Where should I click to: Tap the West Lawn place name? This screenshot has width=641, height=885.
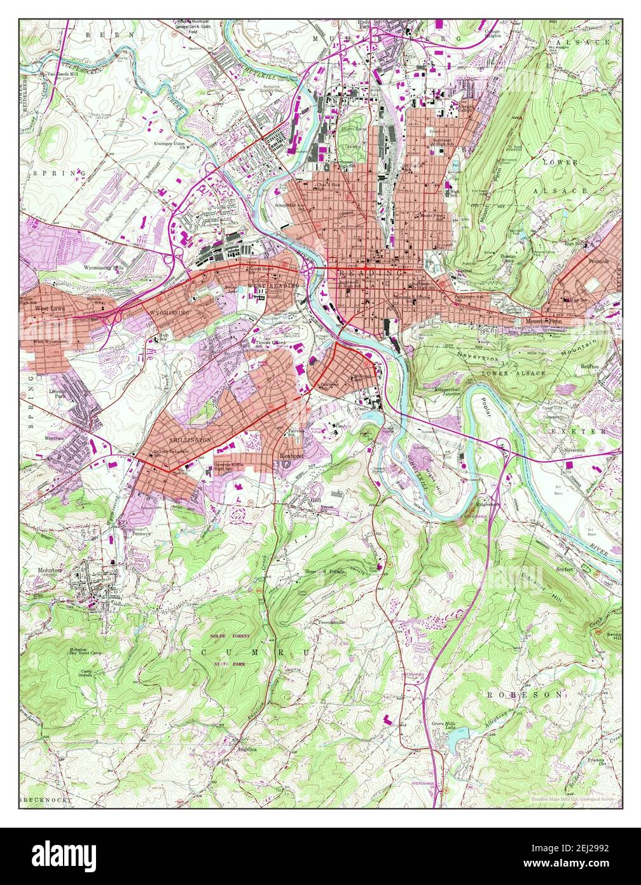point(50,308)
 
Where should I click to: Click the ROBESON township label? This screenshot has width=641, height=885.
point(525,694)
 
